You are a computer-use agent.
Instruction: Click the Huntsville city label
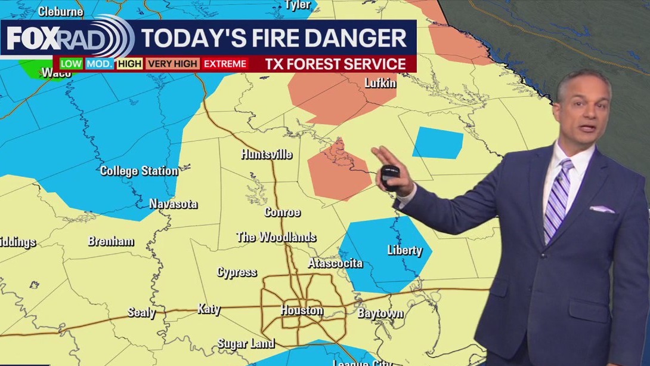267,154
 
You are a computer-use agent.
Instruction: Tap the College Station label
139,171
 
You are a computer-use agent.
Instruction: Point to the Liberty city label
404,250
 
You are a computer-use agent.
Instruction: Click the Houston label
302,310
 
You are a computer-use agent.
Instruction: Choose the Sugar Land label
246,343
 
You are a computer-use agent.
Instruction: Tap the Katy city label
209,309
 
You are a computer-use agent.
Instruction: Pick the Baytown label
380,313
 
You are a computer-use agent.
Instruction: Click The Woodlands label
276,237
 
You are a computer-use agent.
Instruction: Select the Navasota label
173,204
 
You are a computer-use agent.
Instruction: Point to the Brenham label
111,241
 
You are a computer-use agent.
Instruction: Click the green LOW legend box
71,64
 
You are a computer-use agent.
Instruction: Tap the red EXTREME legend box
225,64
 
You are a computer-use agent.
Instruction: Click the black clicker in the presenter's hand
390,177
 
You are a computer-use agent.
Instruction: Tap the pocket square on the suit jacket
602,209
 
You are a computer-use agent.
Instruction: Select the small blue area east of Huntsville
438,143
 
